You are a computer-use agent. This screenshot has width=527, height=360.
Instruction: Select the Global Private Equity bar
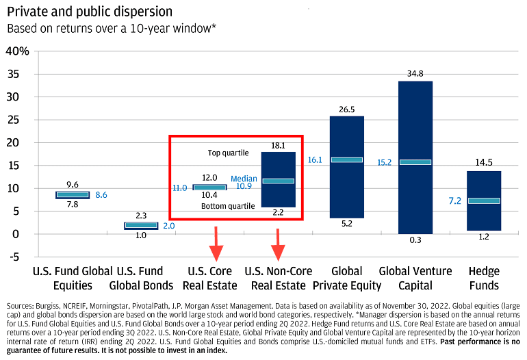tap(347, 192)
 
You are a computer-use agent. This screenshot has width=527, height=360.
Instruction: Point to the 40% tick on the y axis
tap(17, 51)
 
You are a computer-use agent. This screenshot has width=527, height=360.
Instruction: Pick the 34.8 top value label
tap(415, 73)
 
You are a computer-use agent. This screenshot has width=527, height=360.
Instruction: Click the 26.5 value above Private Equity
tap(347, 110)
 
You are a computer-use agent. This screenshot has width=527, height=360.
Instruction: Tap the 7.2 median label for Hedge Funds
tap(453, 201)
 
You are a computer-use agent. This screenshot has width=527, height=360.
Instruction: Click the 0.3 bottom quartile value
tap(415, 240)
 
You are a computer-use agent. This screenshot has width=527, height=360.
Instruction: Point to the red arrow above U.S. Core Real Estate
tap(216, 244)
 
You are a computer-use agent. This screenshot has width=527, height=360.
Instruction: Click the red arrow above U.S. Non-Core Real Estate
tap(278, 245)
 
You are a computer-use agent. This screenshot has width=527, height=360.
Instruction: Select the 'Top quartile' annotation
tap(228, 152)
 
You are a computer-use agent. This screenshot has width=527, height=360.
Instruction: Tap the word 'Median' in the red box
tap(244, 178)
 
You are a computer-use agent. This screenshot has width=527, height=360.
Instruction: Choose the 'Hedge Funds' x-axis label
tap(484, 278)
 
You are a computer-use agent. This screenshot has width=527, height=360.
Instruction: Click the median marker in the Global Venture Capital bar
tap(415, 162)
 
